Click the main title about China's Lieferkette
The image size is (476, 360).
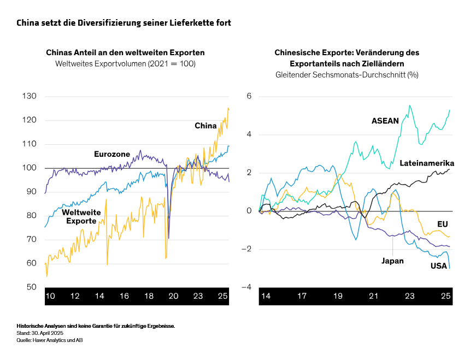[124, 23]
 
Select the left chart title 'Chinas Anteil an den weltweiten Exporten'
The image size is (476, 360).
[125, 53]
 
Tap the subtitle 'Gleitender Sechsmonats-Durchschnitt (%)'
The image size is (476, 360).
[346, 74]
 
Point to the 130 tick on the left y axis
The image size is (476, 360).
[29, 96]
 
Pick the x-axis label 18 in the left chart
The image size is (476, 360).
[149, 296]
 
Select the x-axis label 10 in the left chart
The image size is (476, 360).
[50, 296]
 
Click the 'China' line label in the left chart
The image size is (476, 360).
[205, 126]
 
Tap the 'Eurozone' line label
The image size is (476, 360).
[111, 154]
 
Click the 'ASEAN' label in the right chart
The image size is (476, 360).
[385, 121]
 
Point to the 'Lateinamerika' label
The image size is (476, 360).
[427, 163]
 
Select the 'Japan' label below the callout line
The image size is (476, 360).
[392, 261]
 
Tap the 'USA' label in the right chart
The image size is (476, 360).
[439, 265]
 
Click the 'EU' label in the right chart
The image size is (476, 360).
[443, 224]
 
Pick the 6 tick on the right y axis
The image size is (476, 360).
[248, 96]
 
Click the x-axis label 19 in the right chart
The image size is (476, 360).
[338, 296]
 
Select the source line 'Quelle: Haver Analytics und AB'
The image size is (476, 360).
[49, 340]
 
